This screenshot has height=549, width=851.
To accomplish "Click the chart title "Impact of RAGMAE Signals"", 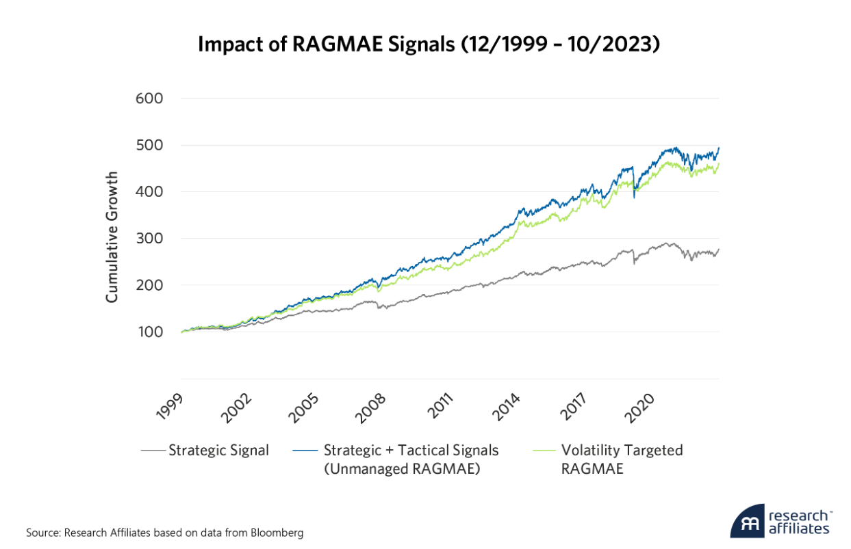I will pyautogui.click(x=428, y=44).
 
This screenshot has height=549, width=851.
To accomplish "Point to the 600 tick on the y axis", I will pyautogui.click(x=149, y=98).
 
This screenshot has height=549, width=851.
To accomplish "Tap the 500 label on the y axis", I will pyautogui.click(x=149, y=145).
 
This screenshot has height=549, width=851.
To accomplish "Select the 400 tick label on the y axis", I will pyautogui.click(x=149, y=192).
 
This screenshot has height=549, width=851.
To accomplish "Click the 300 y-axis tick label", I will pyautogui.click(x=149, y=239).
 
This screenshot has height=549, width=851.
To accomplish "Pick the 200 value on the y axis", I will pyautogui.click(x=149, y=285).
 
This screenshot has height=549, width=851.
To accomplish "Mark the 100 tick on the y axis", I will pyautogui.click(x=149, y=332).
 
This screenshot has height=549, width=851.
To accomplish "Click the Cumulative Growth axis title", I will pyautogui.click(x=112, y=237).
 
